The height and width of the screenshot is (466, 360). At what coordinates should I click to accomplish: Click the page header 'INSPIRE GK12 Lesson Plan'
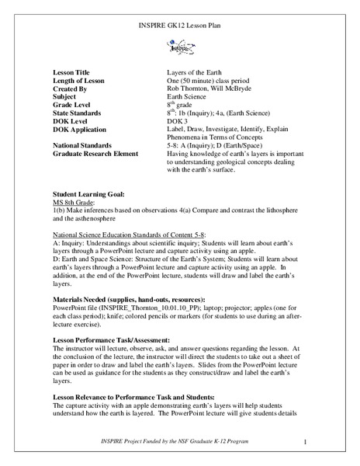(179, 30)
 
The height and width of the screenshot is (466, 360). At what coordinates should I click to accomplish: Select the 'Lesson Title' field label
(74, 71)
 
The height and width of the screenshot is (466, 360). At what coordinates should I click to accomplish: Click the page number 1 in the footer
(306, 443)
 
